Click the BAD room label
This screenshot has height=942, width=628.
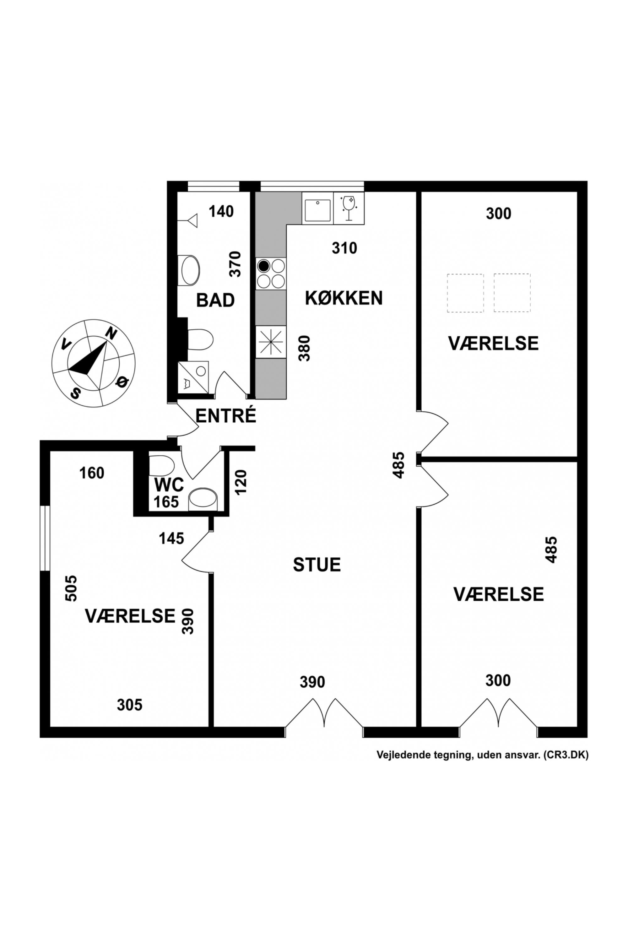point(215,300)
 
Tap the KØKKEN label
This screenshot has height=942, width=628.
point(344,298)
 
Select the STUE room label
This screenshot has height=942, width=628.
point(317,564)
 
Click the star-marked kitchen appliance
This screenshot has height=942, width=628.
point(271,342)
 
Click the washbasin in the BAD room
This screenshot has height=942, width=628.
point(190,270)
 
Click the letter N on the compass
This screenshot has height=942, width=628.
point(111,333)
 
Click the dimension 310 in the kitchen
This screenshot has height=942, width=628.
point(344,248)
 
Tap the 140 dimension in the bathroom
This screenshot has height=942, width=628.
point(221,211)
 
